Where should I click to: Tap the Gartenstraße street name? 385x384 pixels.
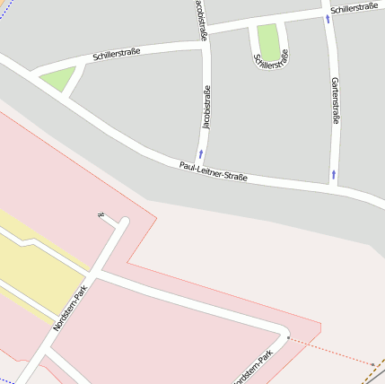point(335,100)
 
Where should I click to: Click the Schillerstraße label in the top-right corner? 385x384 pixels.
point(353,8)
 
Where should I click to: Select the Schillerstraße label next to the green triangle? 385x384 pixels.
point(116,56)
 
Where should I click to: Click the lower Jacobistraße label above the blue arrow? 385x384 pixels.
point(206,108)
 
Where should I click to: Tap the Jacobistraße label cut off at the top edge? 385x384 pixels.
point(202,20)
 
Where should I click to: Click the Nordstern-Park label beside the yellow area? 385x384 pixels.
point(69,308)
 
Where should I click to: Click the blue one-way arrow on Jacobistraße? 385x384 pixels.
point(201,154)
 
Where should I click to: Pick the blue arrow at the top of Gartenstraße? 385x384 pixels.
point(328,19)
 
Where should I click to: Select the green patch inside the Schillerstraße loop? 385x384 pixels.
point(268,41)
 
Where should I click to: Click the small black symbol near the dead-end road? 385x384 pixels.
point(101,214)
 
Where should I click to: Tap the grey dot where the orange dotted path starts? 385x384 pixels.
point(288,337)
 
